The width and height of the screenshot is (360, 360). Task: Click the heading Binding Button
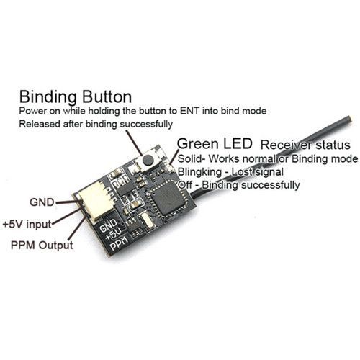tap(76, 97)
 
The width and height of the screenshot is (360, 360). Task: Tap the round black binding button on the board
tap(148, 159)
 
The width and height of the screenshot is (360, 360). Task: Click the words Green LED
tap(215, 144)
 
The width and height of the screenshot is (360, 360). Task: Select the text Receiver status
tap(305, 145)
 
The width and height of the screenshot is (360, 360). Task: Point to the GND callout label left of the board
tap(42, 202)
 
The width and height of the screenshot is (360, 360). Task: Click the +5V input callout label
tap(27, 224)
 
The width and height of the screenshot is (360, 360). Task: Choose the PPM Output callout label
tap(42, 246)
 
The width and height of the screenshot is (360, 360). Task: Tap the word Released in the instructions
tap(40, 124)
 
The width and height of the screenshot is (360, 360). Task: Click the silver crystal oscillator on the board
tap(146, 220)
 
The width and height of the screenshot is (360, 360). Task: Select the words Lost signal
tap(257, 172)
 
